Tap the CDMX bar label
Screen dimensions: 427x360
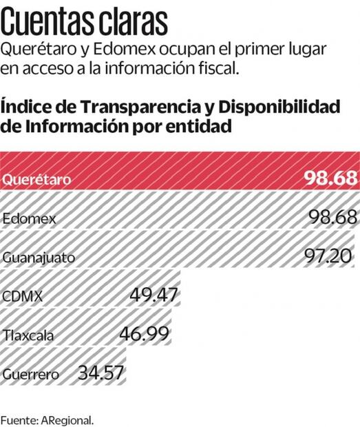[23, 298]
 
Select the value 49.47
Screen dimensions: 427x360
[154, 296]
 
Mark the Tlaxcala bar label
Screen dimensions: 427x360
[28, 337]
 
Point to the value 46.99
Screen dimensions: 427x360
[145, 335]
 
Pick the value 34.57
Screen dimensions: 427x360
[101, 374]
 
